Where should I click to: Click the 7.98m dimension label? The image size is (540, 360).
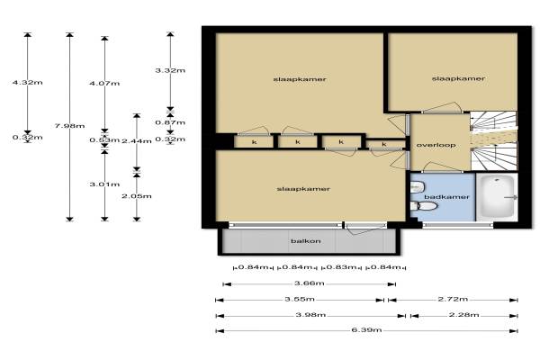point(69,126)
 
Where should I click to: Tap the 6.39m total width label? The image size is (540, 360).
point(366,329)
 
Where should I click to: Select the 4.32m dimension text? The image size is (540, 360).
point(28,82)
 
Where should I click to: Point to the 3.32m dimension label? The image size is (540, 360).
point(170,70)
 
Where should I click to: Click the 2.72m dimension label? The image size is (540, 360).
point(453,299)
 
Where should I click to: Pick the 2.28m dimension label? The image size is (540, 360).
point(463,314)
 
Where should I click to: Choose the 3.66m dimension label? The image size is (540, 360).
point(310,283)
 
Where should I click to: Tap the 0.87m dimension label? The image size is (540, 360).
point(170,122)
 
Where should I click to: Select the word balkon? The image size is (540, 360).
point(306,241)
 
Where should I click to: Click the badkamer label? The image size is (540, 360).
point(446,197)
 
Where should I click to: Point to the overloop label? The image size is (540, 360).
point(436,145)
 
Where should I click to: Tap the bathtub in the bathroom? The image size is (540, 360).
point(496,197)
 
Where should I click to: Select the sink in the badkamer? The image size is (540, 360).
point(417,187)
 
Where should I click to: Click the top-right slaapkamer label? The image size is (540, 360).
point(458,78)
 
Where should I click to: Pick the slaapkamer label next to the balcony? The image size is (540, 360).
point(303,189)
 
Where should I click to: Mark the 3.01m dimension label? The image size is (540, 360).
point(104,184)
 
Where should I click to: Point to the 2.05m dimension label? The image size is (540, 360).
point(137,196)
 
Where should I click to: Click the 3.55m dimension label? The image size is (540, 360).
point(300,299)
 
